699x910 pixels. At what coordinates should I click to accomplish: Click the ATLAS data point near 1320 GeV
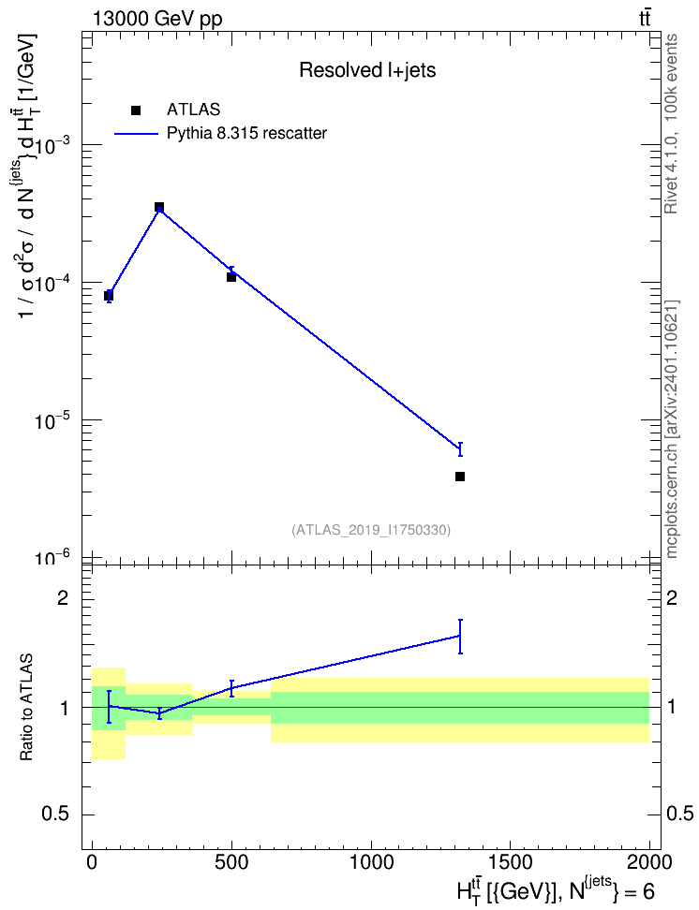coord(460,477)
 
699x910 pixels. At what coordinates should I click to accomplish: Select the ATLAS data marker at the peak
coord(159,207)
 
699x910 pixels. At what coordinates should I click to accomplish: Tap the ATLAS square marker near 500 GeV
coord(231,277)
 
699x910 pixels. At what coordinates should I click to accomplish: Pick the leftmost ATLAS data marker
coord(109,296)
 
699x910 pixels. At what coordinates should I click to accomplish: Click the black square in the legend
coord(136,110)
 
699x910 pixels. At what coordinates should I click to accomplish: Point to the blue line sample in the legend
coord(136,134)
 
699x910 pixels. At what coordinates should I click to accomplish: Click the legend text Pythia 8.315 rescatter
coord(247,134)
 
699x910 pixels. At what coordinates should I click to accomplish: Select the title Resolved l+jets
coord(367,70)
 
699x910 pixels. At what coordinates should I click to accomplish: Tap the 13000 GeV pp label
coord(157,19)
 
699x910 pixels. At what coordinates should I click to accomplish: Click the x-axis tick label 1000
coord(371,862)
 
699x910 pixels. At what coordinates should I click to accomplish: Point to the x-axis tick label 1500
coord(510,862)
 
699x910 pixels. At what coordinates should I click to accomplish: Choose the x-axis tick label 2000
coord(648,862)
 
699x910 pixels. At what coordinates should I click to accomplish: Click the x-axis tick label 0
coord(92,862)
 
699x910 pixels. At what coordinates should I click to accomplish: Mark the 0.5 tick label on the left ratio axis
coord(55,815)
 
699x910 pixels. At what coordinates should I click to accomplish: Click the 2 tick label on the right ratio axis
coord(672,597)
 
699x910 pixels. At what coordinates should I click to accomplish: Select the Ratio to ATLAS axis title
coord(26,707)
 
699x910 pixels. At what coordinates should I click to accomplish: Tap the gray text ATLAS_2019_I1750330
coord(371,530)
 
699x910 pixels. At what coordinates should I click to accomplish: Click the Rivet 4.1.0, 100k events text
coord(671,124)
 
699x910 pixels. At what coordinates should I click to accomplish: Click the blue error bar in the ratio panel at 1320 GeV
coord(460,637)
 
